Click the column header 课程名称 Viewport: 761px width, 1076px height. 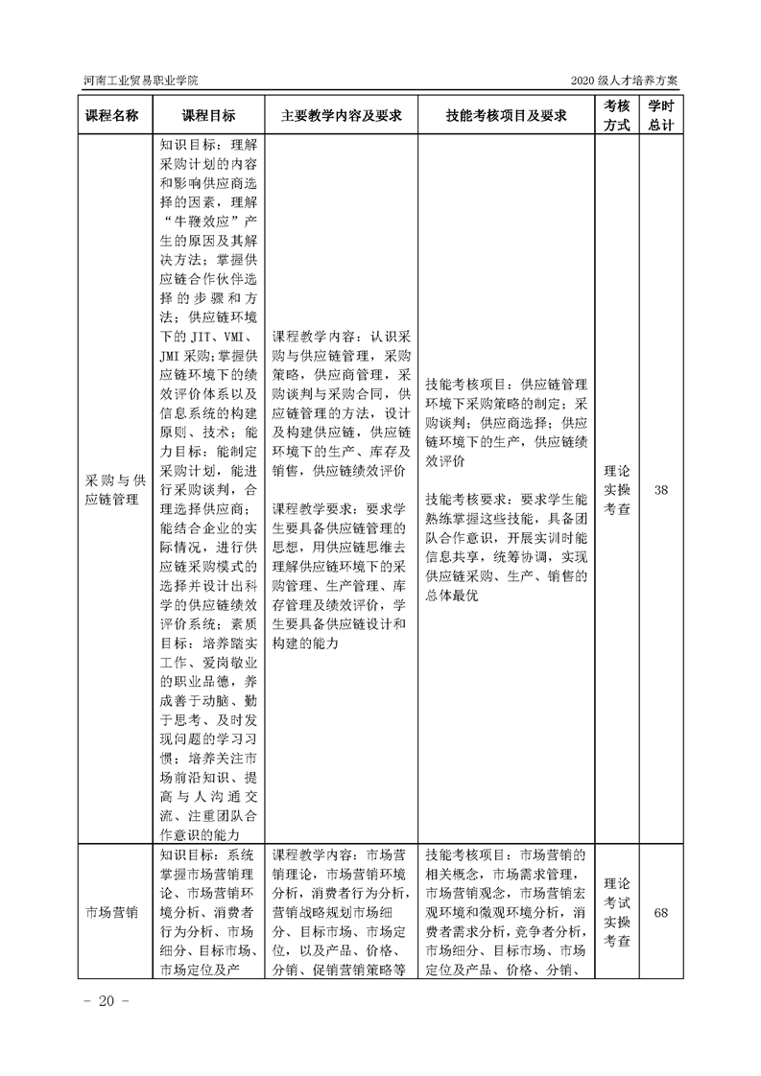112,115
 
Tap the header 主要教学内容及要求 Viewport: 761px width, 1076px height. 341,115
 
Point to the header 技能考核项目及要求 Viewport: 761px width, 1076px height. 507,115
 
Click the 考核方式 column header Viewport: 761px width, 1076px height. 616,115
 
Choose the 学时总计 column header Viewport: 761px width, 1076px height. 661,115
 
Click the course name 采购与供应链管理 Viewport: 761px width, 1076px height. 112,490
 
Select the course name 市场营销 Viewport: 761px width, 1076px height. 112,912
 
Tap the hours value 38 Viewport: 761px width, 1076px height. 661,490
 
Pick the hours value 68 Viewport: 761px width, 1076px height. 661,912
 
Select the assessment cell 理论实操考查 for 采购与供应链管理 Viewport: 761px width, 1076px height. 616,490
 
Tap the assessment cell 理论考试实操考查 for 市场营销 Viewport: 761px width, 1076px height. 616,912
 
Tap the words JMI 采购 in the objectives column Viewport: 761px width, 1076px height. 183,356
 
